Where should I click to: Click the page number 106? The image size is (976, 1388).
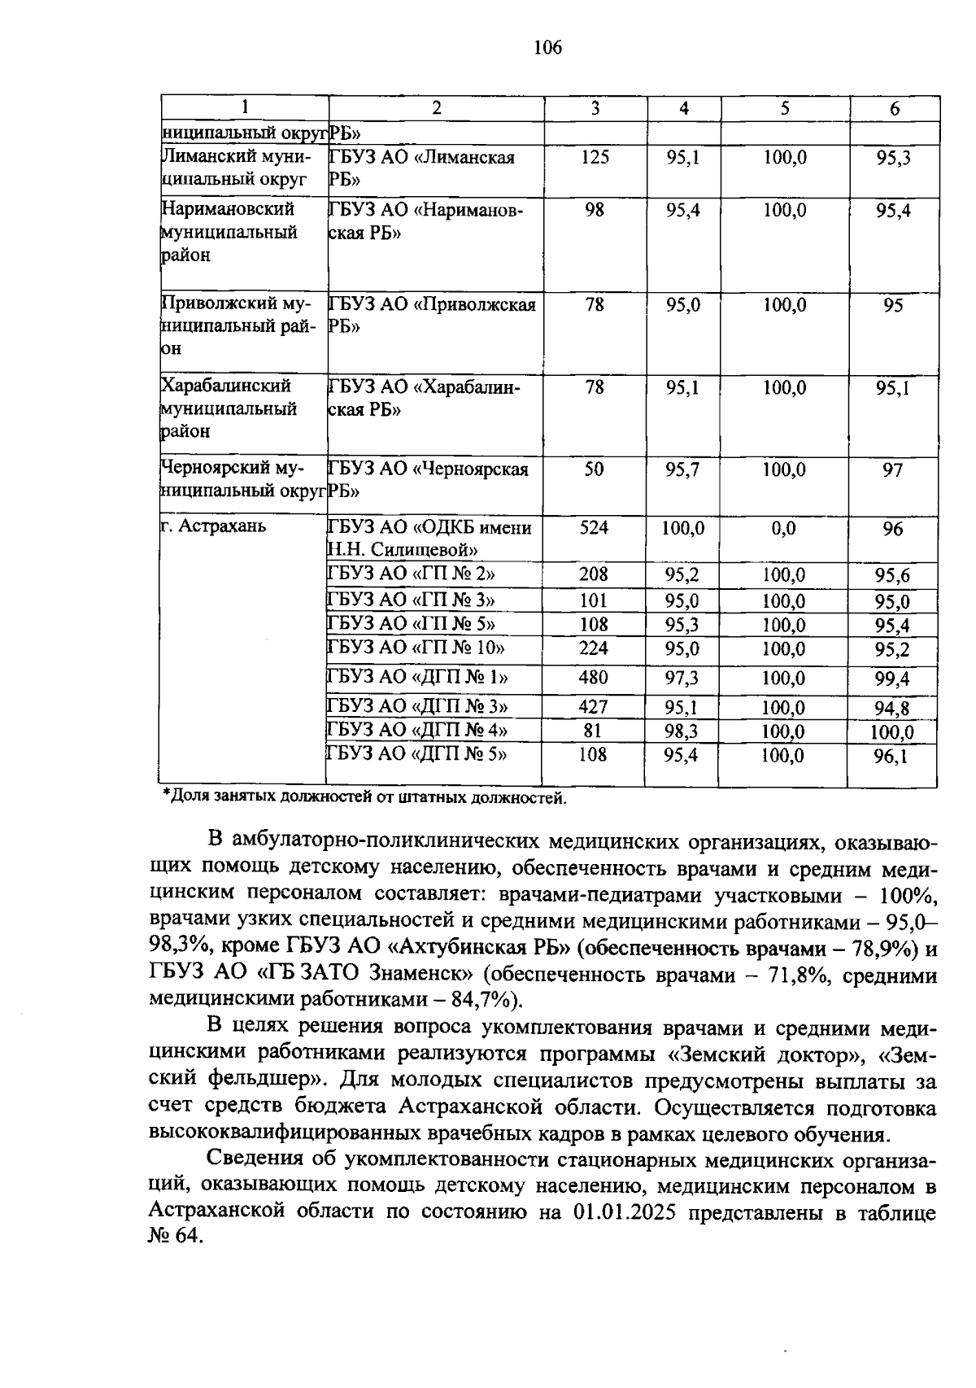click(x=547, y=48)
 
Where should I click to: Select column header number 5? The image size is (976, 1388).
click(x=784, y=108)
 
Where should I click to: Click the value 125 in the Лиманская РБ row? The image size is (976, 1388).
click(x=595, y=157)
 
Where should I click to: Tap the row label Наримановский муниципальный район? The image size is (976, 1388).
click(x=229, y=232)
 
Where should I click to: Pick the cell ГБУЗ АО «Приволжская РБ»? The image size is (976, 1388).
click(x=432, y=315)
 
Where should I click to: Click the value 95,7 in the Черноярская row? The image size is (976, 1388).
click(x=682, y=470)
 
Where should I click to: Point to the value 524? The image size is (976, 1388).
click(x=594, y=528)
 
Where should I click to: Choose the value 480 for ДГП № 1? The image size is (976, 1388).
click(x=593, y=678)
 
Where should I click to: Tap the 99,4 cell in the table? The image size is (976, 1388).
click(x=892, y=679)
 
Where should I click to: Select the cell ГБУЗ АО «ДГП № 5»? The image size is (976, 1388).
click(x=416, y=754)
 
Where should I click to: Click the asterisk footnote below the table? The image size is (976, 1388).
click(x=364, y=798)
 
